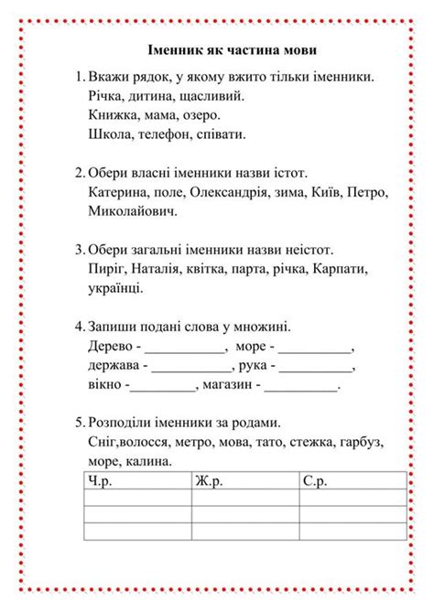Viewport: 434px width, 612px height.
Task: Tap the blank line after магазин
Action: (301, 388)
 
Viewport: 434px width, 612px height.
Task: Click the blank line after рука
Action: (317, 370)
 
